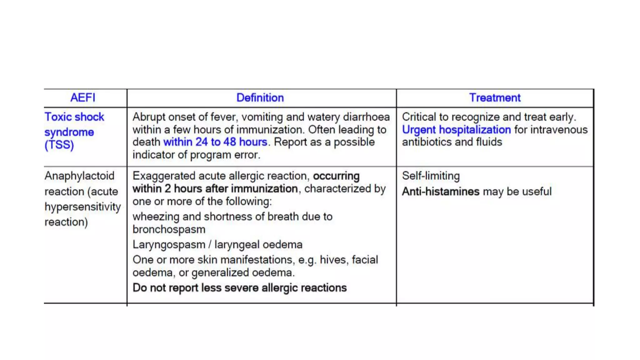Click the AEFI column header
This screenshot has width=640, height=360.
pos(82,98)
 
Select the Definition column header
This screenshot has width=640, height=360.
pos(260,98)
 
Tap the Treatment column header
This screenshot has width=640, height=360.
pos(495,98)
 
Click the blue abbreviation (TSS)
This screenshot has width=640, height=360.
pos(59,145)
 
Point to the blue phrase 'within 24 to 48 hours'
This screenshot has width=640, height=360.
pos(215,142)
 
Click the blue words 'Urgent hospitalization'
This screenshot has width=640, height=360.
pos(456,130)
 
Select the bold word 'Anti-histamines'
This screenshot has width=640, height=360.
pos(440,192)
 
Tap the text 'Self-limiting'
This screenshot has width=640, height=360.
pos(431,176)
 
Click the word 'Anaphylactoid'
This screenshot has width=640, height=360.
pos(79,176)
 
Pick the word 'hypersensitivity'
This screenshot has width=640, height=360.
pos(82,207)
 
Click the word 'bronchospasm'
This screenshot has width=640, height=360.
pos(169,229)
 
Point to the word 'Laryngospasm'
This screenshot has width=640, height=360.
pos(169,245)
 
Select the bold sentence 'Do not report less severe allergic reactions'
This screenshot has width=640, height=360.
pos(240,288)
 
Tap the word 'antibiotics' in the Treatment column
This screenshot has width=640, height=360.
pos(427,142)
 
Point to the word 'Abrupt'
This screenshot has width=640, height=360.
pos(149,117)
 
